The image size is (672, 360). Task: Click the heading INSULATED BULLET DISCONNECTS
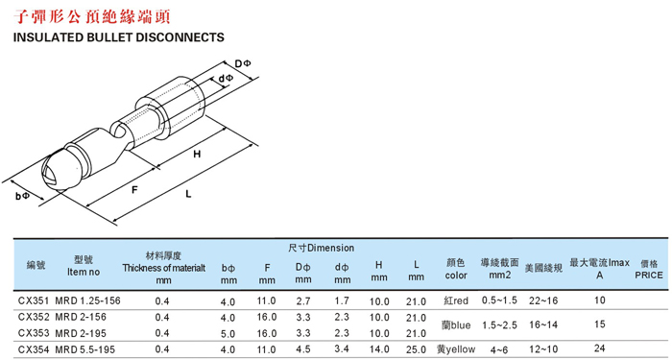119,37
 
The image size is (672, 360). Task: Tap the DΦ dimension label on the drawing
243,64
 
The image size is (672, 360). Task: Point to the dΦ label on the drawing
226,79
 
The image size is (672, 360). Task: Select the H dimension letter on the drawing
197,155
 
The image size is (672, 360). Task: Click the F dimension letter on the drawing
134,189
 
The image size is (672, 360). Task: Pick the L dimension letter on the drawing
188,194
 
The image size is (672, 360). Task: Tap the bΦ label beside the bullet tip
22,196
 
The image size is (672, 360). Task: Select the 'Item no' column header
84,272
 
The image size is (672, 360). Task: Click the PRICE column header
648,276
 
